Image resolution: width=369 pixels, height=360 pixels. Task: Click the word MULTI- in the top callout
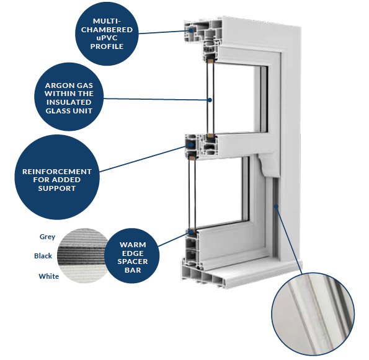[x=107, y=21]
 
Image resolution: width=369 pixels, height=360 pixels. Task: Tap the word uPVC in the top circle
[x=107, y=38]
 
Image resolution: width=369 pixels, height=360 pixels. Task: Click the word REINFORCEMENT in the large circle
[x=57, y=172]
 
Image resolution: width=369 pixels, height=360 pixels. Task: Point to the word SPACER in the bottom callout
[x=133, y=261]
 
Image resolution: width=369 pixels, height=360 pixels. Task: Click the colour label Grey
[x=47, y=237]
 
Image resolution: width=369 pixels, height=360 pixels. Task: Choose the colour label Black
[x=43, y=256]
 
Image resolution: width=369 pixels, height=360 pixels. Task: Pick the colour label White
[x=49, y=276]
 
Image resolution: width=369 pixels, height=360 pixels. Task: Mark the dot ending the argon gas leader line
[x=210, y=100]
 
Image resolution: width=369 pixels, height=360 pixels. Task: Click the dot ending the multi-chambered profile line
[x=191, y=30]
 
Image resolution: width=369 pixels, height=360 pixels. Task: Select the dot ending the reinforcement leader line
[x=192, y=144]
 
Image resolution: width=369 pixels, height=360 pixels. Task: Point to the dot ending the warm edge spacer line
[x=192, y=232]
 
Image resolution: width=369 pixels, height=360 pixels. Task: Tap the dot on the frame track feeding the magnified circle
[x=276, y=206]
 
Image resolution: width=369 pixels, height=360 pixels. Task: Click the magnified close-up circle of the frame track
[x=313, y=314]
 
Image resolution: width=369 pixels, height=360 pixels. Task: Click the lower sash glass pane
[x=220, y=190]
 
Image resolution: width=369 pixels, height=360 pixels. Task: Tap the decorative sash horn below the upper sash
[x=269, y=165]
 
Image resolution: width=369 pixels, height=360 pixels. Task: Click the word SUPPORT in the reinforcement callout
[x=57, y=188]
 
